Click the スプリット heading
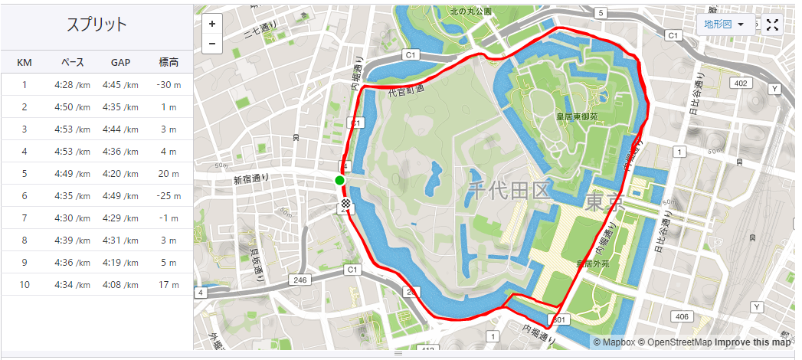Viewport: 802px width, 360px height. coord(97,25)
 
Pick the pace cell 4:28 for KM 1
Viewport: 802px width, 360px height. coord(72,85)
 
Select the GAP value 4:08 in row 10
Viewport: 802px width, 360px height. coord(120,285)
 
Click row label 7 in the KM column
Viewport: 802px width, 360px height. coord(25,218)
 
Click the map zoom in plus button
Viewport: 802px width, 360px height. coord(212,24)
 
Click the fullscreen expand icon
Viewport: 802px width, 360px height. coord(772,25)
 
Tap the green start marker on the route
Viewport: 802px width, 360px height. coord(339,181)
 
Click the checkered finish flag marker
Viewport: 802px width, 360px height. coord(347,203)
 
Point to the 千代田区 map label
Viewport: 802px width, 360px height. coord(509,190)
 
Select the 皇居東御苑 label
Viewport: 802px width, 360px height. coord(581,117)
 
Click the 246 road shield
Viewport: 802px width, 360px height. coord(300,280)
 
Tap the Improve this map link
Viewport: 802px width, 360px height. coord(753,342)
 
